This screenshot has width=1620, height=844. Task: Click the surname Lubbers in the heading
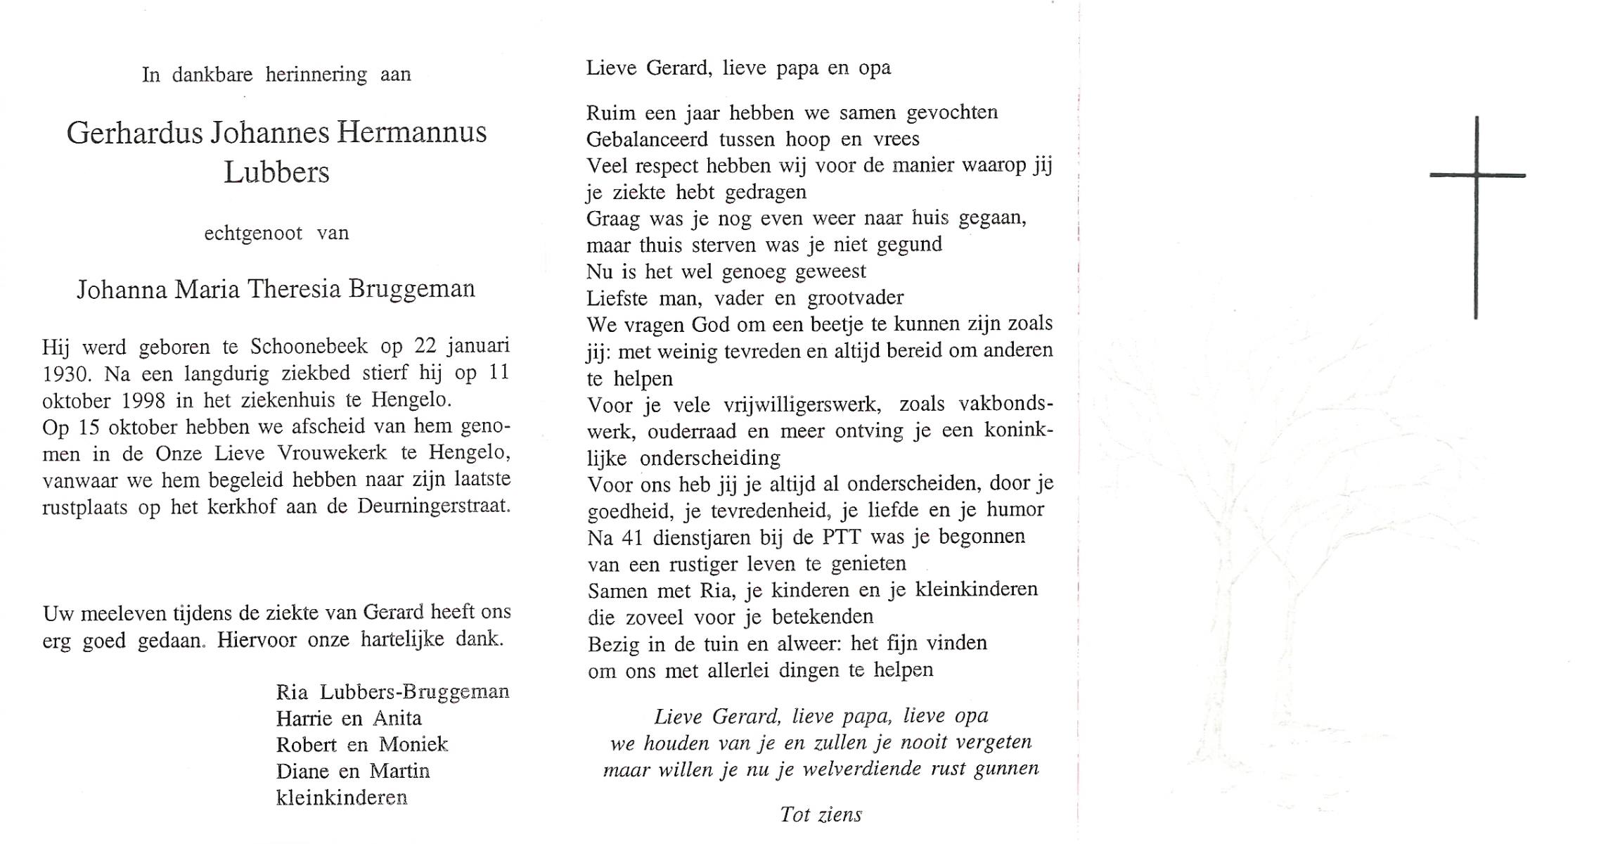[276, 173]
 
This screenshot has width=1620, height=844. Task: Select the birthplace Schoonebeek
[309, 346]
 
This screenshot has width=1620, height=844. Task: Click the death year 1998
[143, 401]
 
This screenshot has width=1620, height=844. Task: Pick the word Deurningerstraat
[434, 506]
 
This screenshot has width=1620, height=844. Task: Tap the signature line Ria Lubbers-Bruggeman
[392, 692]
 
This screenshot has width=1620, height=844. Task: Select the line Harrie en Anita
[349, 719]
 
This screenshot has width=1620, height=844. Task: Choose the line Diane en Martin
[352, 772]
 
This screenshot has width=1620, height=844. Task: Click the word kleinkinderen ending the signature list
[342, 798]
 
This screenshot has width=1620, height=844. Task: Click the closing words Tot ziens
[821, 814]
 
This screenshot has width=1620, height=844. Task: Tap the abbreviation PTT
[841, 537]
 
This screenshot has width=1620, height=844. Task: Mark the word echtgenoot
[253, 234]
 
